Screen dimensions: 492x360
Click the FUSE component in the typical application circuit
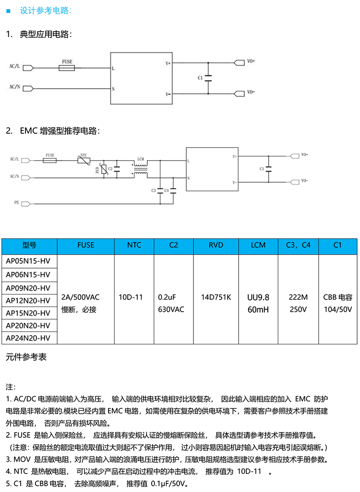click(67, 69)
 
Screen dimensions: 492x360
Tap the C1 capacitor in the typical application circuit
click(208, 78)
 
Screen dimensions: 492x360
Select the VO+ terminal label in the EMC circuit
click(304, 155)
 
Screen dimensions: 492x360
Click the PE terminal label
click(16, 203)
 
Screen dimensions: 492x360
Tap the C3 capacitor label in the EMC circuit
click(154, 190)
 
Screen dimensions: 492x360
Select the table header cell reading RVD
click(216, 245)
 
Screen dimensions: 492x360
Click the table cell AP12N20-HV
click(28, 300)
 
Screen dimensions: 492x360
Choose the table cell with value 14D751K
click(216, 297)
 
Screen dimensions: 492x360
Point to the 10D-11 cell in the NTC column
click(131, 297)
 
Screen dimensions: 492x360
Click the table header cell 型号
click(29, 245)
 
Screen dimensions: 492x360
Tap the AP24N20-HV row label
click(28, 338)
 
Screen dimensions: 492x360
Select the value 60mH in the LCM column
click(258, 309)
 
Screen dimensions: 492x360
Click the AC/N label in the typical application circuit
click(15, 87)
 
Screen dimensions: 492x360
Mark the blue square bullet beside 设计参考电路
click(8, 11)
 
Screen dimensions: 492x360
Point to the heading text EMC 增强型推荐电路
click(60, 130)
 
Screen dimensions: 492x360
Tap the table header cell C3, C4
click(298, 245)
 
